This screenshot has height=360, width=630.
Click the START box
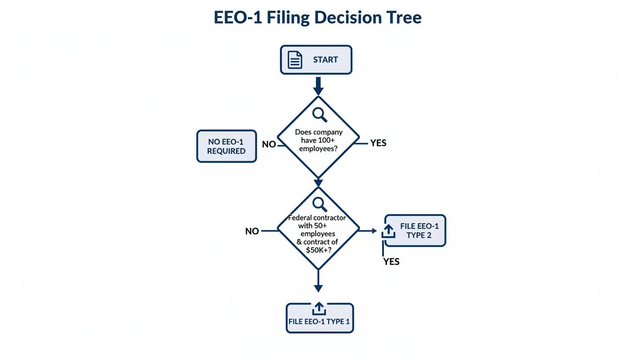click(x=316, y=60)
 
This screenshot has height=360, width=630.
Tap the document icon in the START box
click(x=295, y=60)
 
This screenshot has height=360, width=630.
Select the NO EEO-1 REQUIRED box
click(x=226, y=146)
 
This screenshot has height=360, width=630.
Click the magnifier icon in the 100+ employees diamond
click(x=319, y=114)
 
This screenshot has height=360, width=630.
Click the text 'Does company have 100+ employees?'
click(x=318, y=140)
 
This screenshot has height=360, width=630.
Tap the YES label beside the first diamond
click(x=378, y=143)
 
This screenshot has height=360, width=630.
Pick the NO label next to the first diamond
click(x=269, y=144)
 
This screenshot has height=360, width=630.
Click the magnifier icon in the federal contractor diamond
click(x=319, y=204)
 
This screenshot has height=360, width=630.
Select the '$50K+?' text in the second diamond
click(x=319, y=250)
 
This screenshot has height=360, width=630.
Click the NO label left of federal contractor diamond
click(x=252, y=231)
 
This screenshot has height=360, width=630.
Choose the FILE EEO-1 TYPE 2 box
click(x=415, y=231)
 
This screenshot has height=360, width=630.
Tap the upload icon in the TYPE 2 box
click(x=389, y=231)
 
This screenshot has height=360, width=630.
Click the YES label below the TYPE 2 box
click(x=391, y=262)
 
